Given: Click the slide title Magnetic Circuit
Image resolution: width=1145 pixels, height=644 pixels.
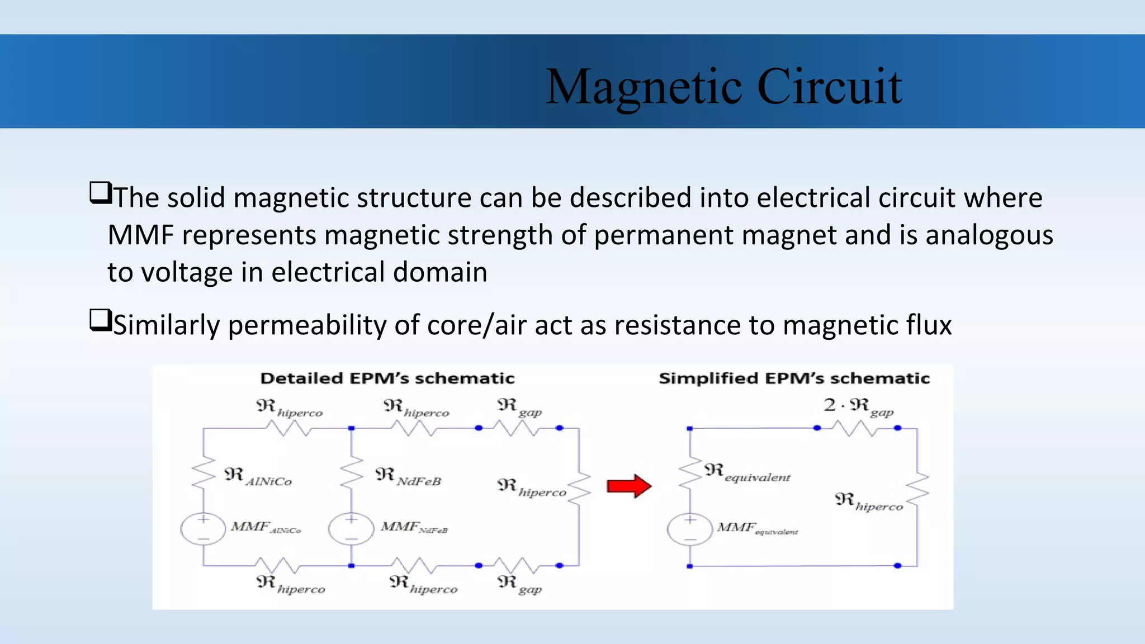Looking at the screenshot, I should tap(723, 87).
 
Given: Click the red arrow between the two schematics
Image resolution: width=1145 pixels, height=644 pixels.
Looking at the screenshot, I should tap(629, 486).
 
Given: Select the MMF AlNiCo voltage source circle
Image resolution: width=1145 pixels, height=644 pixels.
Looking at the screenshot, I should tap(203, 529).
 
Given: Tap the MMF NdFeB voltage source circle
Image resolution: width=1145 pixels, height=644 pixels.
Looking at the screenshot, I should tap(351, 529).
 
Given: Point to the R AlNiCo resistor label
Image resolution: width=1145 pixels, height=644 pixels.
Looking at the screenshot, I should tap(258, 477).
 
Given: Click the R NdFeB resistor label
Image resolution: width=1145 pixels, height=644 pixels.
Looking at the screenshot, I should tap(408, 477).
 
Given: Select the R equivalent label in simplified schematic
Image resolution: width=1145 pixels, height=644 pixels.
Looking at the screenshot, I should tap(747, 473).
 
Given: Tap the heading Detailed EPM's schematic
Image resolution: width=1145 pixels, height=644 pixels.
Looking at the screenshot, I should tap(387, 378).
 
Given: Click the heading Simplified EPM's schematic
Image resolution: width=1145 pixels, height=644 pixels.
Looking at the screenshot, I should tap(794, 378).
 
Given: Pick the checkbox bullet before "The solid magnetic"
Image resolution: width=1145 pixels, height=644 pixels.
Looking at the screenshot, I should tap(101, 193).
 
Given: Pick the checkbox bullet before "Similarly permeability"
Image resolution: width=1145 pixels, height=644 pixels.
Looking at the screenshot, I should tap(101, 321).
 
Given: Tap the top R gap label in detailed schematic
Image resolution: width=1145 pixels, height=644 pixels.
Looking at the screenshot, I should tap(519, 408).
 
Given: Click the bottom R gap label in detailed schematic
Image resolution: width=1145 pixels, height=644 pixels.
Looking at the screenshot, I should tap(519, 584).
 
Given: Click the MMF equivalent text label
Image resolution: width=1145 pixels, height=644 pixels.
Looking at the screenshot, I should tap(757, 528).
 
